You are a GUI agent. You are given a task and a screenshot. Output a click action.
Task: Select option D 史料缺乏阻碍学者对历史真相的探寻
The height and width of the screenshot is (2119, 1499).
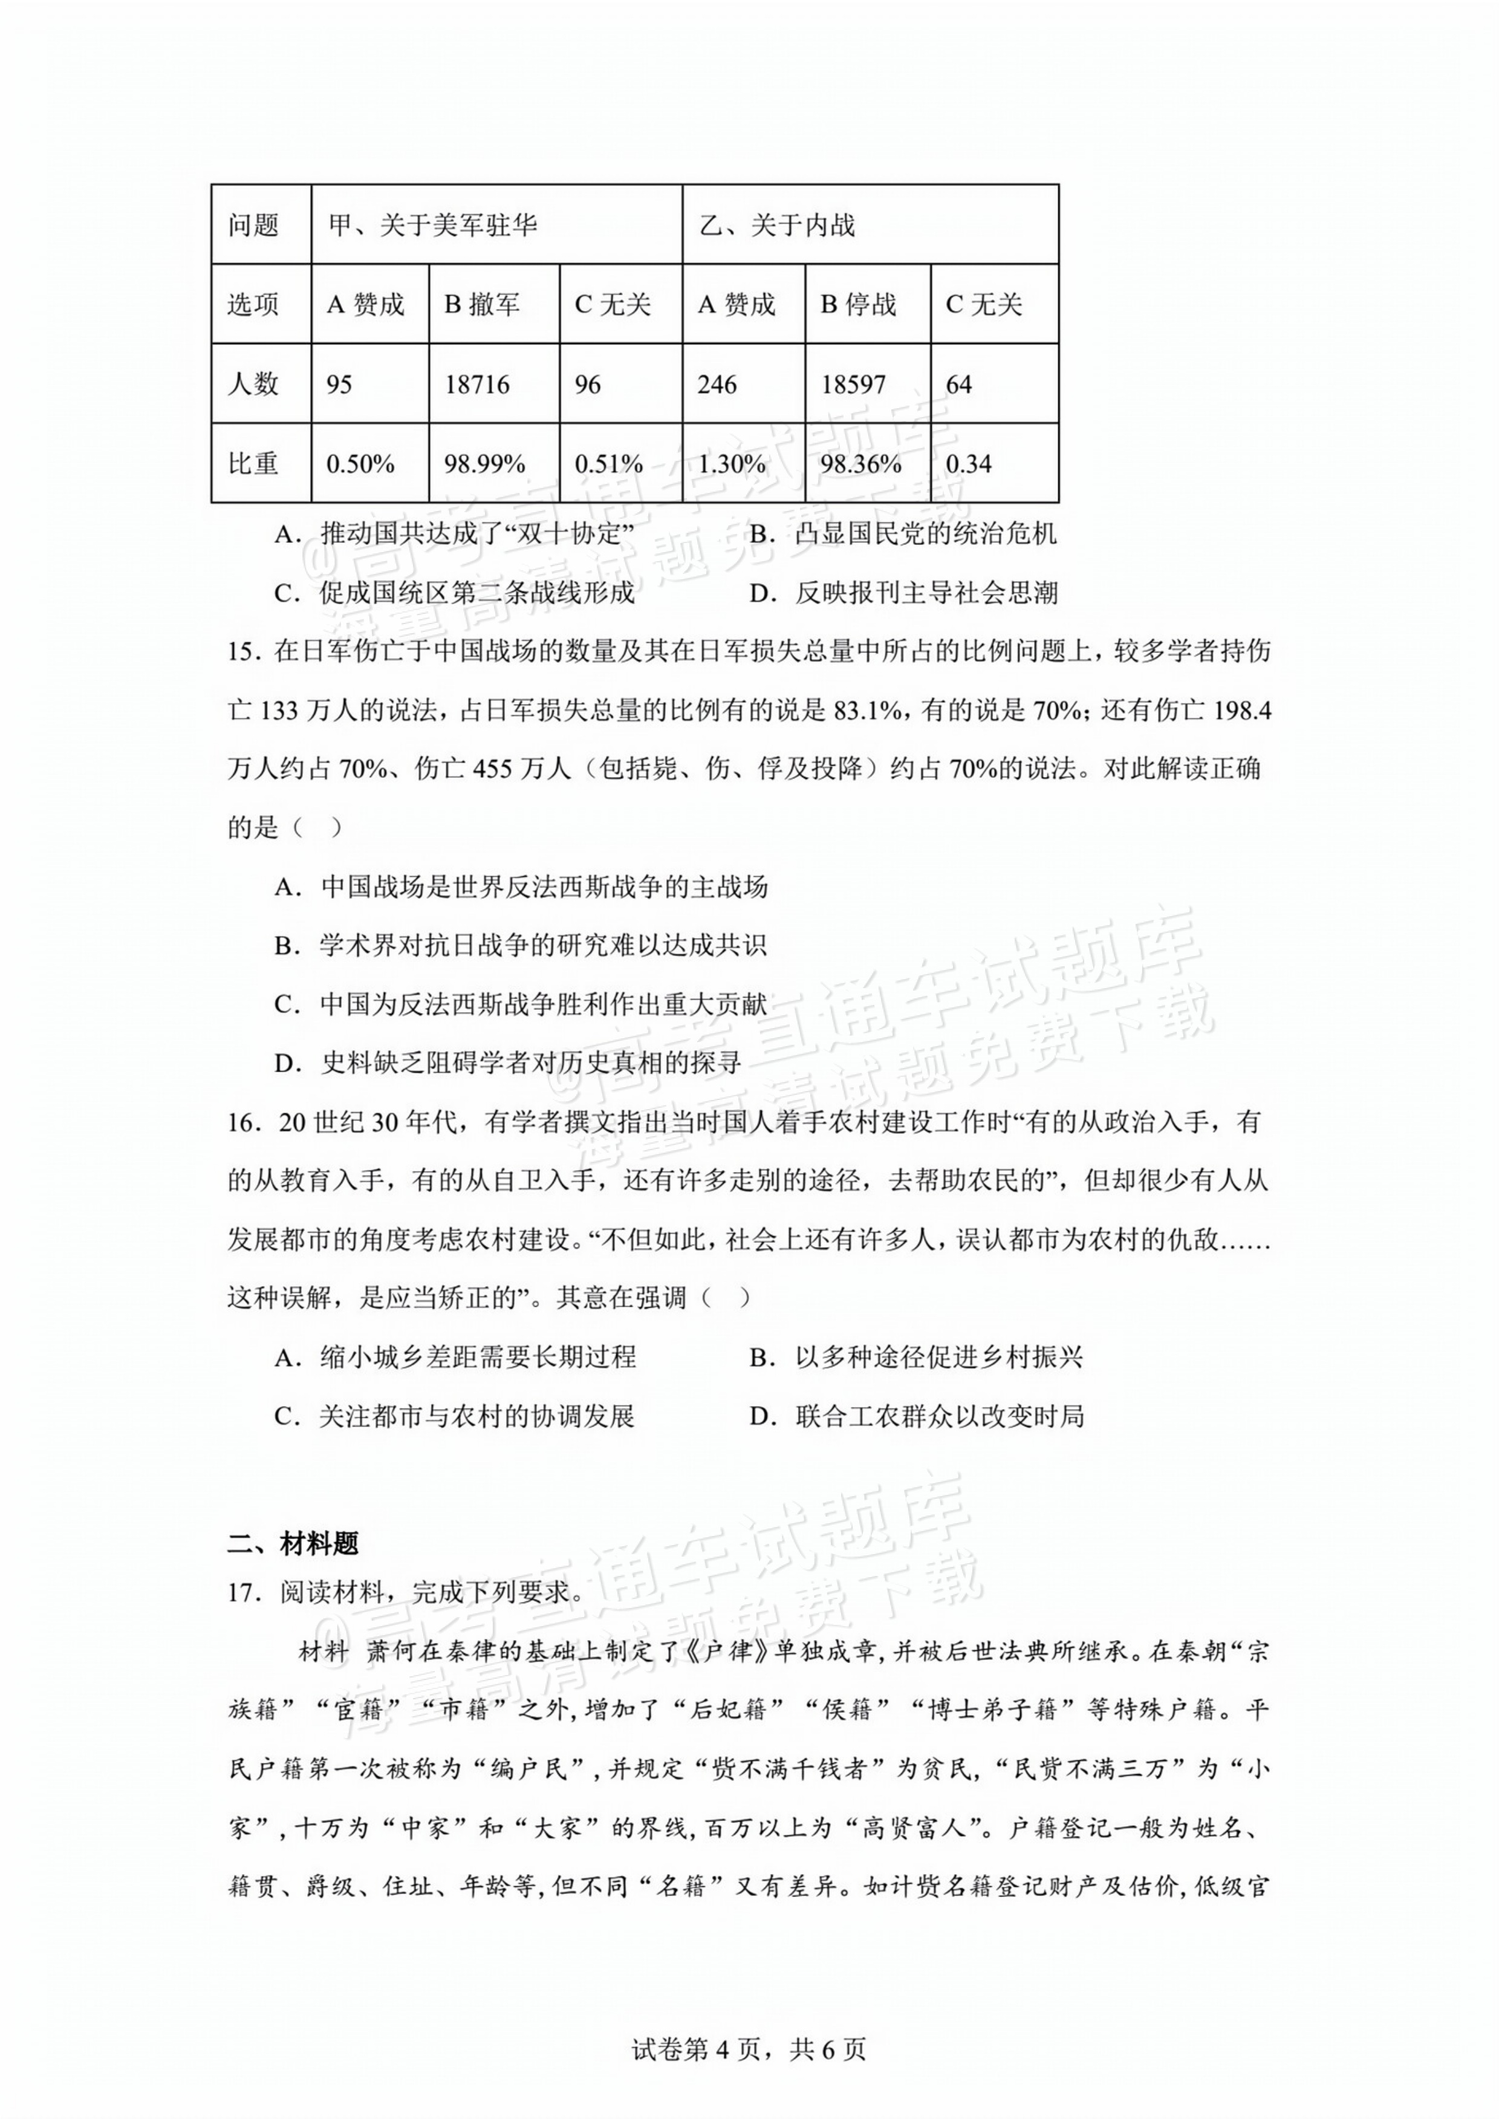pos(508,1063)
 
